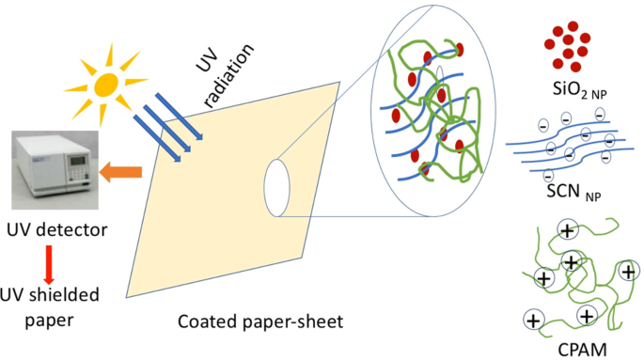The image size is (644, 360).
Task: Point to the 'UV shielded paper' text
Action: (x=51, y=305)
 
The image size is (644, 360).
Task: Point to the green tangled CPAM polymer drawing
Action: (x=573, y=273)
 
